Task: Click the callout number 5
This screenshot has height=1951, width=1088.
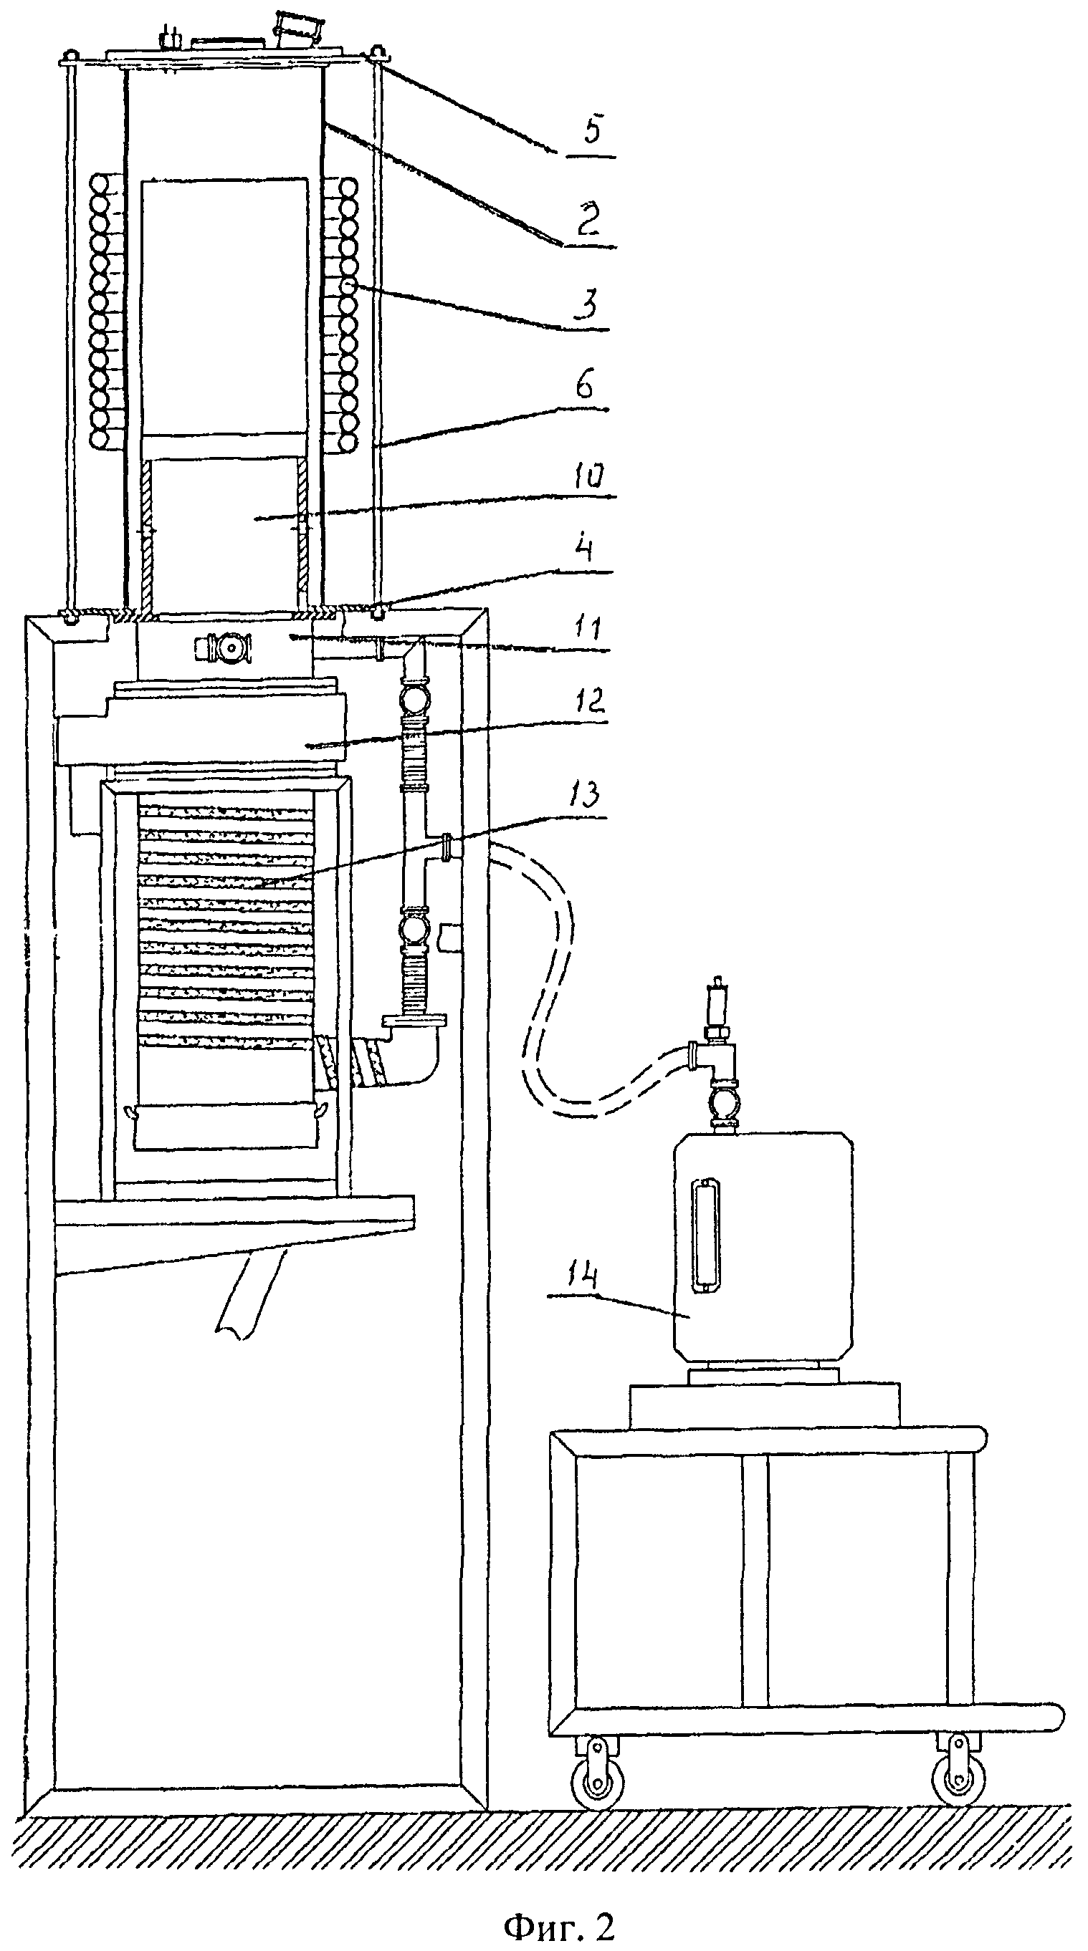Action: point(593,131)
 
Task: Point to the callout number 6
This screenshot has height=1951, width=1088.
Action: point(585,384)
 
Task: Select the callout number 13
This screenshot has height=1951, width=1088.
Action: point(584,795)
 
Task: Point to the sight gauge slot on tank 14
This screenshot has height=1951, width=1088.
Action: point(707,1233)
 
